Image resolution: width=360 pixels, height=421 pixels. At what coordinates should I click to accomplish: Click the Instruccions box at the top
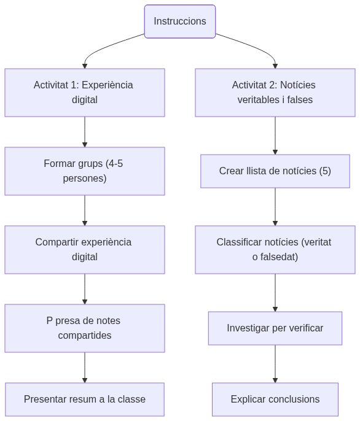point(179,21)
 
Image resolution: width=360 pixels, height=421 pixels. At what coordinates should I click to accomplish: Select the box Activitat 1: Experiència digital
point(85,92)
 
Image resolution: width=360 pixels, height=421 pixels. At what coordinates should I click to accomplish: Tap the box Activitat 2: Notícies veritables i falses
point(275,92)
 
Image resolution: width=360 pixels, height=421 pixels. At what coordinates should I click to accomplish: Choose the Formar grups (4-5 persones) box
point(85,171)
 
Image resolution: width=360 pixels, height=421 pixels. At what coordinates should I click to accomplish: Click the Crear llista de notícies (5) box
point(275,171)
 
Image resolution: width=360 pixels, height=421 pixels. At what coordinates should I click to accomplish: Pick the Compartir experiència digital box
point(85,249)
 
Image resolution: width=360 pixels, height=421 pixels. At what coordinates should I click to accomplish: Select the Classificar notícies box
point(275,249)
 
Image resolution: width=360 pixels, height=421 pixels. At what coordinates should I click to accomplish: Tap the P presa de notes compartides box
point(85,328)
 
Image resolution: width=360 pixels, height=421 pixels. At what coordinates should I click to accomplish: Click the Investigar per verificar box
point(275,328)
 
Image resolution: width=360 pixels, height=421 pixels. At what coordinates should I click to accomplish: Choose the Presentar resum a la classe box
point(85,399)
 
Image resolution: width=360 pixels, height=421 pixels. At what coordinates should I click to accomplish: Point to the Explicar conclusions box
point(275,399)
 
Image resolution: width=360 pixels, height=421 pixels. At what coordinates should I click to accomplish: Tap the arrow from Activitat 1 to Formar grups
point(85,131)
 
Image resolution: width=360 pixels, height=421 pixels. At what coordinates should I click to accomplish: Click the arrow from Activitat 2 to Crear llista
point(275,135)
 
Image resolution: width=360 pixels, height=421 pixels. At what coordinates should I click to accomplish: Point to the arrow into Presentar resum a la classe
point(85,367)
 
